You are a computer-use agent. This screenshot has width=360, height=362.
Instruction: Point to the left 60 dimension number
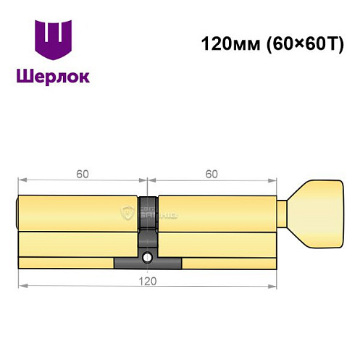pyautogui.click(x=83, y=174)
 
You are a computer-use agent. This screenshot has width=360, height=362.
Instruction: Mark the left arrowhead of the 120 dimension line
pyautogui.click(x=21, y=286)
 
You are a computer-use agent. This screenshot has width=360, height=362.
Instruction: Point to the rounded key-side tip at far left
pyautogui.click(x=17, y=214)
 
